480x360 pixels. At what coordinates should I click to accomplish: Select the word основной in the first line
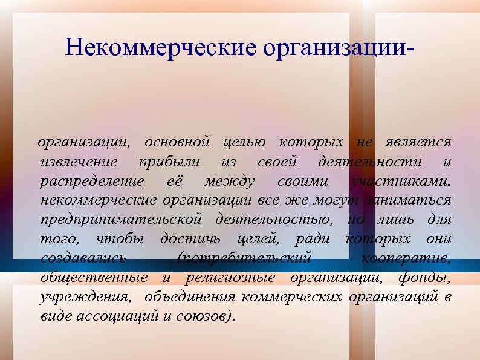point(177,143)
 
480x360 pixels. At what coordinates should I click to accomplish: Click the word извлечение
point(80,162)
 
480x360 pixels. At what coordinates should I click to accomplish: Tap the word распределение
point(92,182)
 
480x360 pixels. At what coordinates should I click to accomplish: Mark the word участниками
point(401,182)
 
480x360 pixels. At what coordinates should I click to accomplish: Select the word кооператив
point(406,258)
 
